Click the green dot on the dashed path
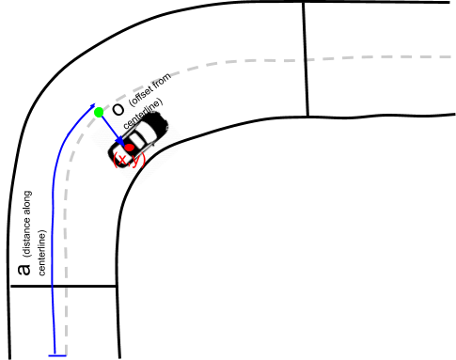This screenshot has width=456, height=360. tap(99, 113)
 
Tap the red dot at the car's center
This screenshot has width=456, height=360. tap(130, 148)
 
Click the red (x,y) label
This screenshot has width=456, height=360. tap(129, 161)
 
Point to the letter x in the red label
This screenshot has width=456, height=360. tap(123, 161)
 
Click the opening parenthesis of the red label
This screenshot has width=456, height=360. tap(116, 161)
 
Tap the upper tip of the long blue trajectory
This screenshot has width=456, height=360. tap(94, 105)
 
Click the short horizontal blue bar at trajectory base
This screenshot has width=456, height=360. tap(57, 355)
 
